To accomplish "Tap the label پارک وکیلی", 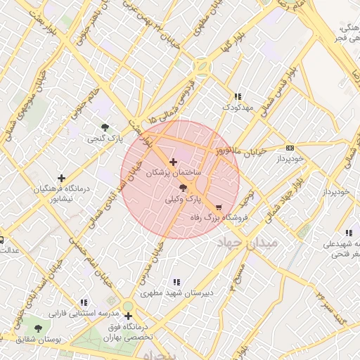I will click(183, 200).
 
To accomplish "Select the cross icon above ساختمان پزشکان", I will click(174, 162).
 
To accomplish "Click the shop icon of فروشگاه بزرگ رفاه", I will click(219, 208).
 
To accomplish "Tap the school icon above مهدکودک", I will click(238, 96).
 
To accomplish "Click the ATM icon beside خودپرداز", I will click(290, 148).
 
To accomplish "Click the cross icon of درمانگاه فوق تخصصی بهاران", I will click(128, 316).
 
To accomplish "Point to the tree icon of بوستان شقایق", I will click(38, 328).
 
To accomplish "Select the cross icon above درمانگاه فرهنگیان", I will click(62, 179).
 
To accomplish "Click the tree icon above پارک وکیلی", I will click(184, 188).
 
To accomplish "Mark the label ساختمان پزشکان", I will click(174, 172).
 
